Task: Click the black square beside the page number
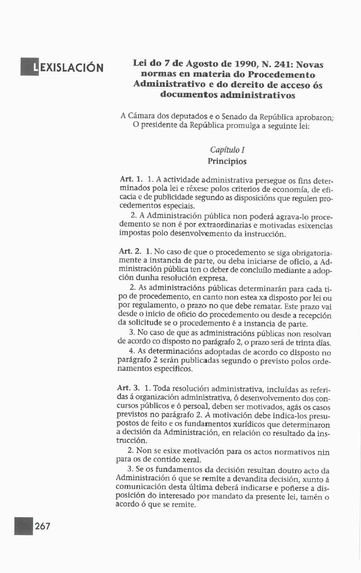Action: pyautogui.click(x=24, y=527)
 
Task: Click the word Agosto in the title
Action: pyautogui.click(x=193, y=64)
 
